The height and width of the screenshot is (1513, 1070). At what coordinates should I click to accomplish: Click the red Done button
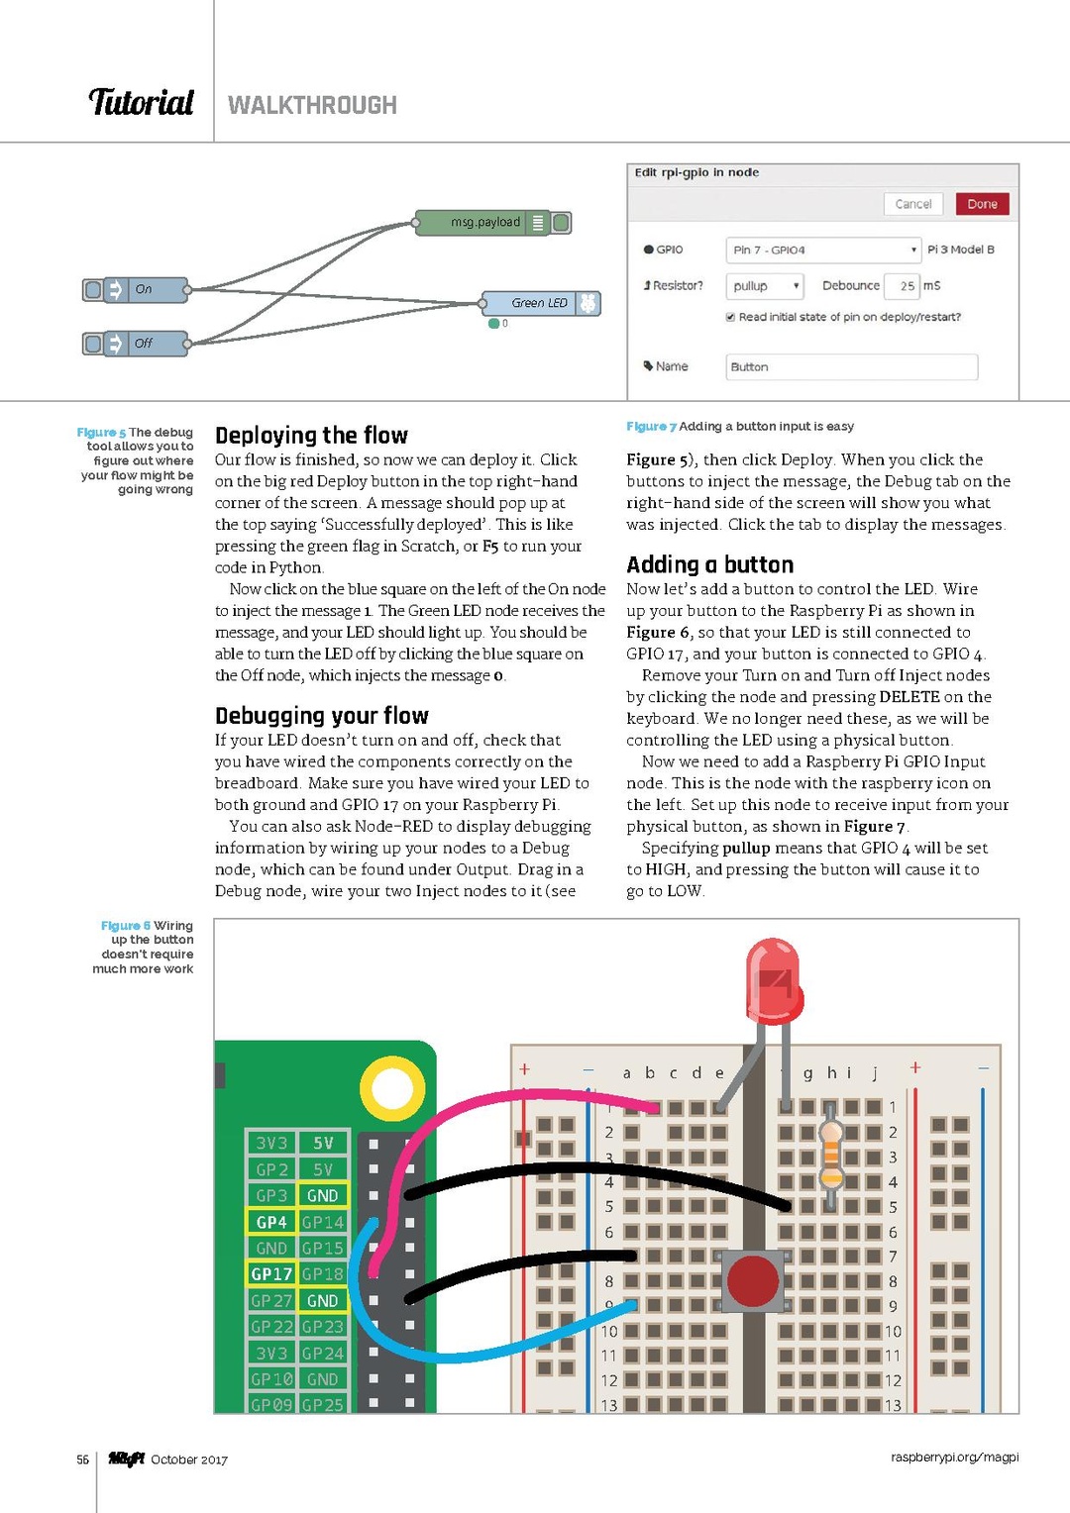pos(982,204)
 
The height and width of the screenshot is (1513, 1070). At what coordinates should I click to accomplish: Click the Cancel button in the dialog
pos(912,204)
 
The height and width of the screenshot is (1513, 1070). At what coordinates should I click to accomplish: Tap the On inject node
pos(145,290)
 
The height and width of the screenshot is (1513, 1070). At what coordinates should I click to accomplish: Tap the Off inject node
pos(145,344)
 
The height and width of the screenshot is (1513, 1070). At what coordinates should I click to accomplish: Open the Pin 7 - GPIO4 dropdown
pos(823,250)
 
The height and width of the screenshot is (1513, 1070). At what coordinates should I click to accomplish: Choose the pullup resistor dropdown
pos(764,286)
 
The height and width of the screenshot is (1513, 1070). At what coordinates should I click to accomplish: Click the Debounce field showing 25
pos(902,286)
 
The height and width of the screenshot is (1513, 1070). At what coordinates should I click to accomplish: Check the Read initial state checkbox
pos(730,318)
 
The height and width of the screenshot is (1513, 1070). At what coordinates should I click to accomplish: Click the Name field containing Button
pos(851,367)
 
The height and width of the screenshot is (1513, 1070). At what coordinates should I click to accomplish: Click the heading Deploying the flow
pos(311,436)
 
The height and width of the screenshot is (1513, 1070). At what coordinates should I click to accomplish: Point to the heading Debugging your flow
pos(322,716)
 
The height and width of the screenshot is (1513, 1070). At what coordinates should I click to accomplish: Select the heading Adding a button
pos(709,564)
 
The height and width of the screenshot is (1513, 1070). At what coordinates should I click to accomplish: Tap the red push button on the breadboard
pos(753,1280)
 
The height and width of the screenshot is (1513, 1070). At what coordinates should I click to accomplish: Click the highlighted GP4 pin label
pos(270,1222)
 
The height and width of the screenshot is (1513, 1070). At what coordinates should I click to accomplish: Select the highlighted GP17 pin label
pos(270,1274)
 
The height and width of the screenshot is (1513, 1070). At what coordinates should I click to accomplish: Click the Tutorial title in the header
pos(142,103)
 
